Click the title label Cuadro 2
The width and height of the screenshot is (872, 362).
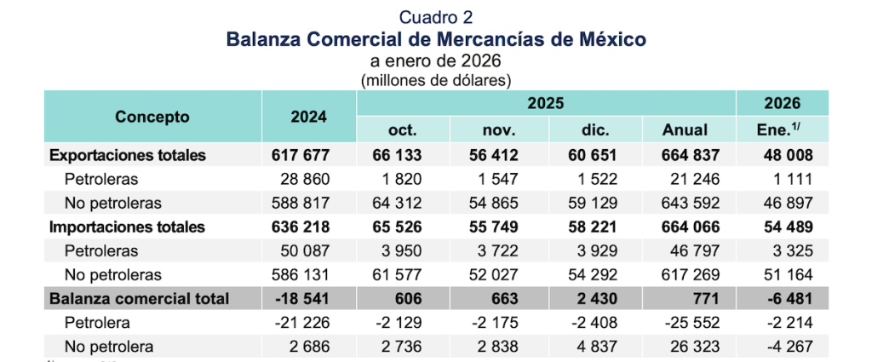(435, 16)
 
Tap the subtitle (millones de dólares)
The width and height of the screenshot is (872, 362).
(435, 81)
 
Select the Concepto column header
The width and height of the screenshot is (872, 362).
(152, 117)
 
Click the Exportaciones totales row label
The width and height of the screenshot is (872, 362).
(128, 156)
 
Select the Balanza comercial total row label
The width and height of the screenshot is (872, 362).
(140, 299)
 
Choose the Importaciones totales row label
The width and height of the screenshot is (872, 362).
(128, 227)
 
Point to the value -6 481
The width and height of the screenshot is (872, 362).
(784, 299)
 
